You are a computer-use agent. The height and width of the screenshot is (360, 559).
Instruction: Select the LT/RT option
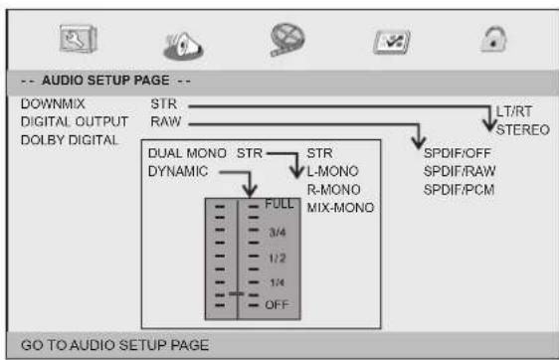(513, 111)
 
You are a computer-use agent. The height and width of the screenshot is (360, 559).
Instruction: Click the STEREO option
(523, 127)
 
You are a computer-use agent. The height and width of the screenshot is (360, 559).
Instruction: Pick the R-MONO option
(333, 189)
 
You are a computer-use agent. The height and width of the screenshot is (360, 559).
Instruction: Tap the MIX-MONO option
(340, 207)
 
